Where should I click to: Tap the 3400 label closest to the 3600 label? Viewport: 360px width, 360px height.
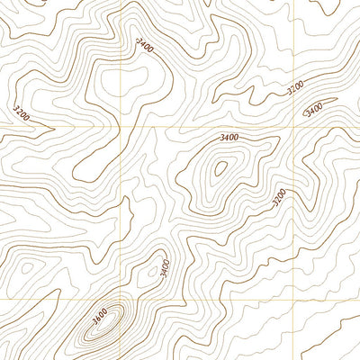[x=165, y=267]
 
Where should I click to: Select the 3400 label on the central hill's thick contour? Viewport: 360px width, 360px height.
[x=229, y=137]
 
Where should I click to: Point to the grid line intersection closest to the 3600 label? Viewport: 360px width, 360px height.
[x=121, y=298]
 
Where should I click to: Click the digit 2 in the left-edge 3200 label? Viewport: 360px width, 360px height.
[x=19, y=112]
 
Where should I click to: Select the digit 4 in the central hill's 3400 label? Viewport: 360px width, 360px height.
[x=226, y=137]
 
